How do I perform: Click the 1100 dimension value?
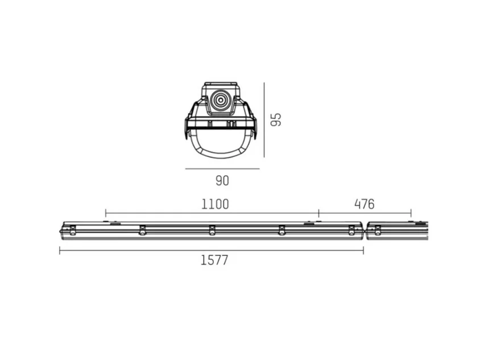pyautogui.click(x=215, y=204)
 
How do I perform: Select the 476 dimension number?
pyautogui.click(x=365, y=204)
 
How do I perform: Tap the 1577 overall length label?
pyautogui.click(x=214, y=260)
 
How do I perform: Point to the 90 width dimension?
pyautogui.click(x=222, y=181)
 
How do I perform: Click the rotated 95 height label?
pyautogui.click(x=276, y=119)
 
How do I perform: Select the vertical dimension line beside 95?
pyautogui.click(x=264, y=119)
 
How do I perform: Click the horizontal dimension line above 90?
pyautogui.click(x=222, y=169)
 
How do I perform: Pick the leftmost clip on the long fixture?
pyautogui.click(x=73, y=230)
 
